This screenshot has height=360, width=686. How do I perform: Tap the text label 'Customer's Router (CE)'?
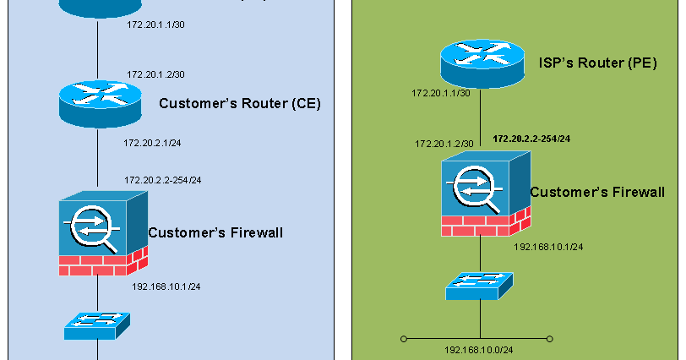click(x=240, y=104)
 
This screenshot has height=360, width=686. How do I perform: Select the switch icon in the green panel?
click(x=480, y=286)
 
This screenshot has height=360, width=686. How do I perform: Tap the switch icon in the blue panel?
click(x=98, y=325)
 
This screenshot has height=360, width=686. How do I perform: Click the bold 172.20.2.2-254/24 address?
click(x=531, y=138)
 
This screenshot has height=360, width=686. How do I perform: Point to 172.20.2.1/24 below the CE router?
click(x=152, y=143)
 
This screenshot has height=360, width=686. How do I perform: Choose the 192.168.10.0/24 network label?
click(x=479, y=349)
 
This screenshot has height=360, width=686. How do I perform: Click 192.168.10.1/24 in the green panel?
click(x=548, y=247)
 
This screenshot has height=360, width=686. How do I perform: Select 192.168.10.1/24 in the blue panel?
click(x=166, y=286)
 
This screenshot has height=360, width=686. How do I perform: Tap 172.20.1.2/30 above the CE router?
click(x=156, y=74)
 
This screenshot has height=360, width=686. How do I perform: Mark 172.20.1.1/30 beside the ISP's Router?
click(x=440, y=92)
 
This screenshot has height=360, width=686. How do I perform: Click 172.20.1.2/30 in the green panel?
click(x=444, y=144)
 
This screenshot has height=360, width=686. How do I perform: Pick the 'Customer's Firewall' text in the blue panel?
click(x=215, y=232)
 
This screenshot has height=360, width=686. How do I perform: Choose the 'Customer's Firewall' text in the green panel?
click(x=596, y=193)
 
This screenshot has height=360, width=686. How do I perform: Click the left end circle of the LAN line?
click(x=404, y=339)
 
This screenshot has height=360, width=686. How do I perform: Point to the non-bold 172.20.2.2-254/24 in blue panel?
click(x=162, y=180)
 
